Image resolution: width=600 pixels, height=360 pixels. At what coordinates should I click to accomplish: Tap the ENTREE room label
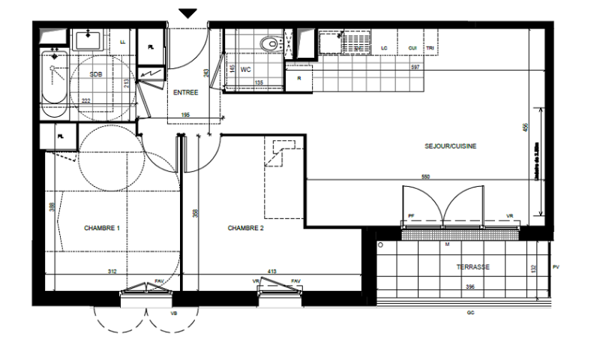tap(185, 92)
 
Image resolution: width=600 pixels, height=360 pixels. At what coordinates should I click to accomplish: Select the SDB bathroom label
tap(96, 74)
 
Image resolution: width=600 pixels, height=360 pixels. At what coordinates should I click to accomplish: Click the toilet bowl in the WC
tap(268, 44)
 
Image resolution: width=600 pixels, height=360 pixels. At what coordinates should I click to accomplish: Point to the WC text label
tap(244, 69)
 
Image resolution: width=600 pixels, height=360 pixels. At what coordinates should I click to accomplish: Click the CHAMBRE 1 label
tap(102, 228)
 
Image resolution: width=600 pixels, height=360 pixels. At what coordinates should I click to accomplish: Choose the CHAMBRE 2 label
tap(246, 228)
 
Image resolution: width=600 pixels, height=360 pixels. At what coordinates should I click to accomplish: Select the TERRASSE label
tap(472, 267)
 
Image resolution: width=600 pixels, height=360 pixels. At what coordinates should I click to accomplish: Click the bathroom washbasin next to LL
tap(92, 37)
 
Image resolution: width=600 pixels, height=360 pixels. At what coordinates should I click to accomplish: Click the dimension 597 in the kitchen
tap(415, 67)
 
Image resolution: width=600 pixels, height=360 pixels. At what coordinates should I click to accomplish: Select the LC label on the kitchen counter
tap(385, 49)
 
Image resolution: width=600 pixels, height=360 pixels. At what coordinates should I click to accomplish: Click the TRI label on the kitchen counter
tap(430, 49)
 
